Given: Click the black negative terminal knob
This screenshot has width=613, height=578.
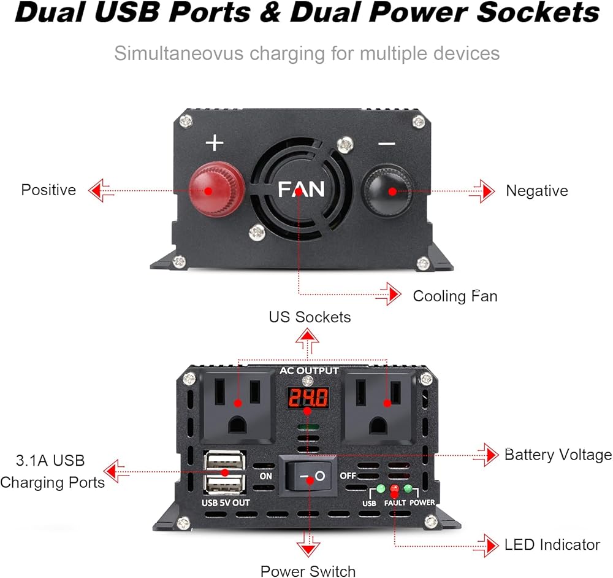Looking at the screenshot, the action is [x=388, y=190].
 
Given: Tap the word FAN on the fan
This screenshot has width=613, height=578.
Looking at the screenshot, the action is [x=300, y=189].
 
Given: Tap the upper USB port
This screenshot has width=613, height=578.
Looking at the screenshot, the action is [x=223, y=461].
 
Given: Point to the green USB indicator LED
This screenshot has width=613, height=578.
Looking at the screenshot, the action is [x=380, y=489].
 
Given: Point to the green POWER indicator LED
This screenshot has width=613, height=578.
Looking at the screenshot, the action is [x=408, y=489].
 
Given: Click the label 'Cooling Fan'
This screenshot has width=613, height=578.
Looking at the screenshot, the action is [x=455, y=296].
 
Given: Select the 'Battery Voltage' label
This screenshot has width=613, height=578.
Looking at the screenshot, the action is [x=558, y=455].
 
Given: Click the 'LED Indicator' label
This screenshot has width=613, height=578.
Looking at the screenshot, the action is [x=552, y=544].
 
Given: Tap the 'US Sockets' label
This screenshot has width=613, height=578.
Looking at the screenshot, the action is [x=310, y=317].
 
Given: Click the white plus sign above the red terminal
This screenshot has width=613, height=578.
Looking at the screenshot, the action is [x=215, y=144].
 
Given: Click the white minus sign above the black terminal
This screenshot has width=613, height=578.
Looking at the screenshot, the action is [x=387, y=144].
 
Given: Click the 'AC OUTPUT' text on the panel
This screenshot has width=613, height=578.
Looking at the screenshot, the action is [x=309, y=371].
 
